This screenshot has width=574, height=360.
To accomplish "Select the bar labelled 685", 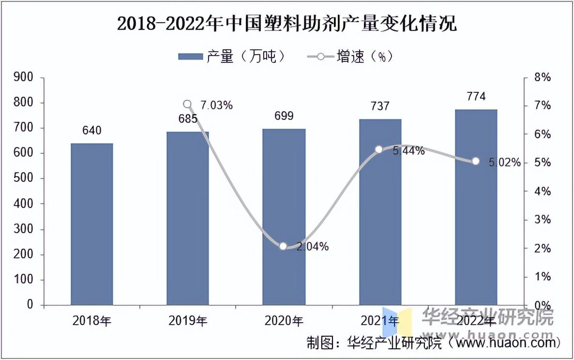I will coord(188,218).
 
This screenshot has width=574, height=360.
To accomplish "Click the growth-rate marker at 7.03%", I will coord(188,105).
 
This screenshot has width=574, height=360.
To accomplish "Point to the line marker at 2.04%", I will coord(284,246).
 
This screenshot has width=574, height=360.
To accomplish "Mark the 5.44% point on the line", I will coord(379,150).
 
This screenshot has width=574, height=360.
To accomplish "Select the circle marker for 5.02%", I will coord(476,161).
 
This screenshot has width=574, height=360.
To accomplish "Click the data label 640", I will coord(92,131).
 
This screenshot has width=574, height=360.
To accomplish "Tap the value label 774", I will coord(476,96).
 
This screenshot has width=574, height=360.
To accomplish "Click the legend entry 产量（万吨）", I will coord(232,57).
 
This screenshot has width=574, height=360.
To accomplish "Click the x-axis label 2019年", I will coord(188,320).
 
